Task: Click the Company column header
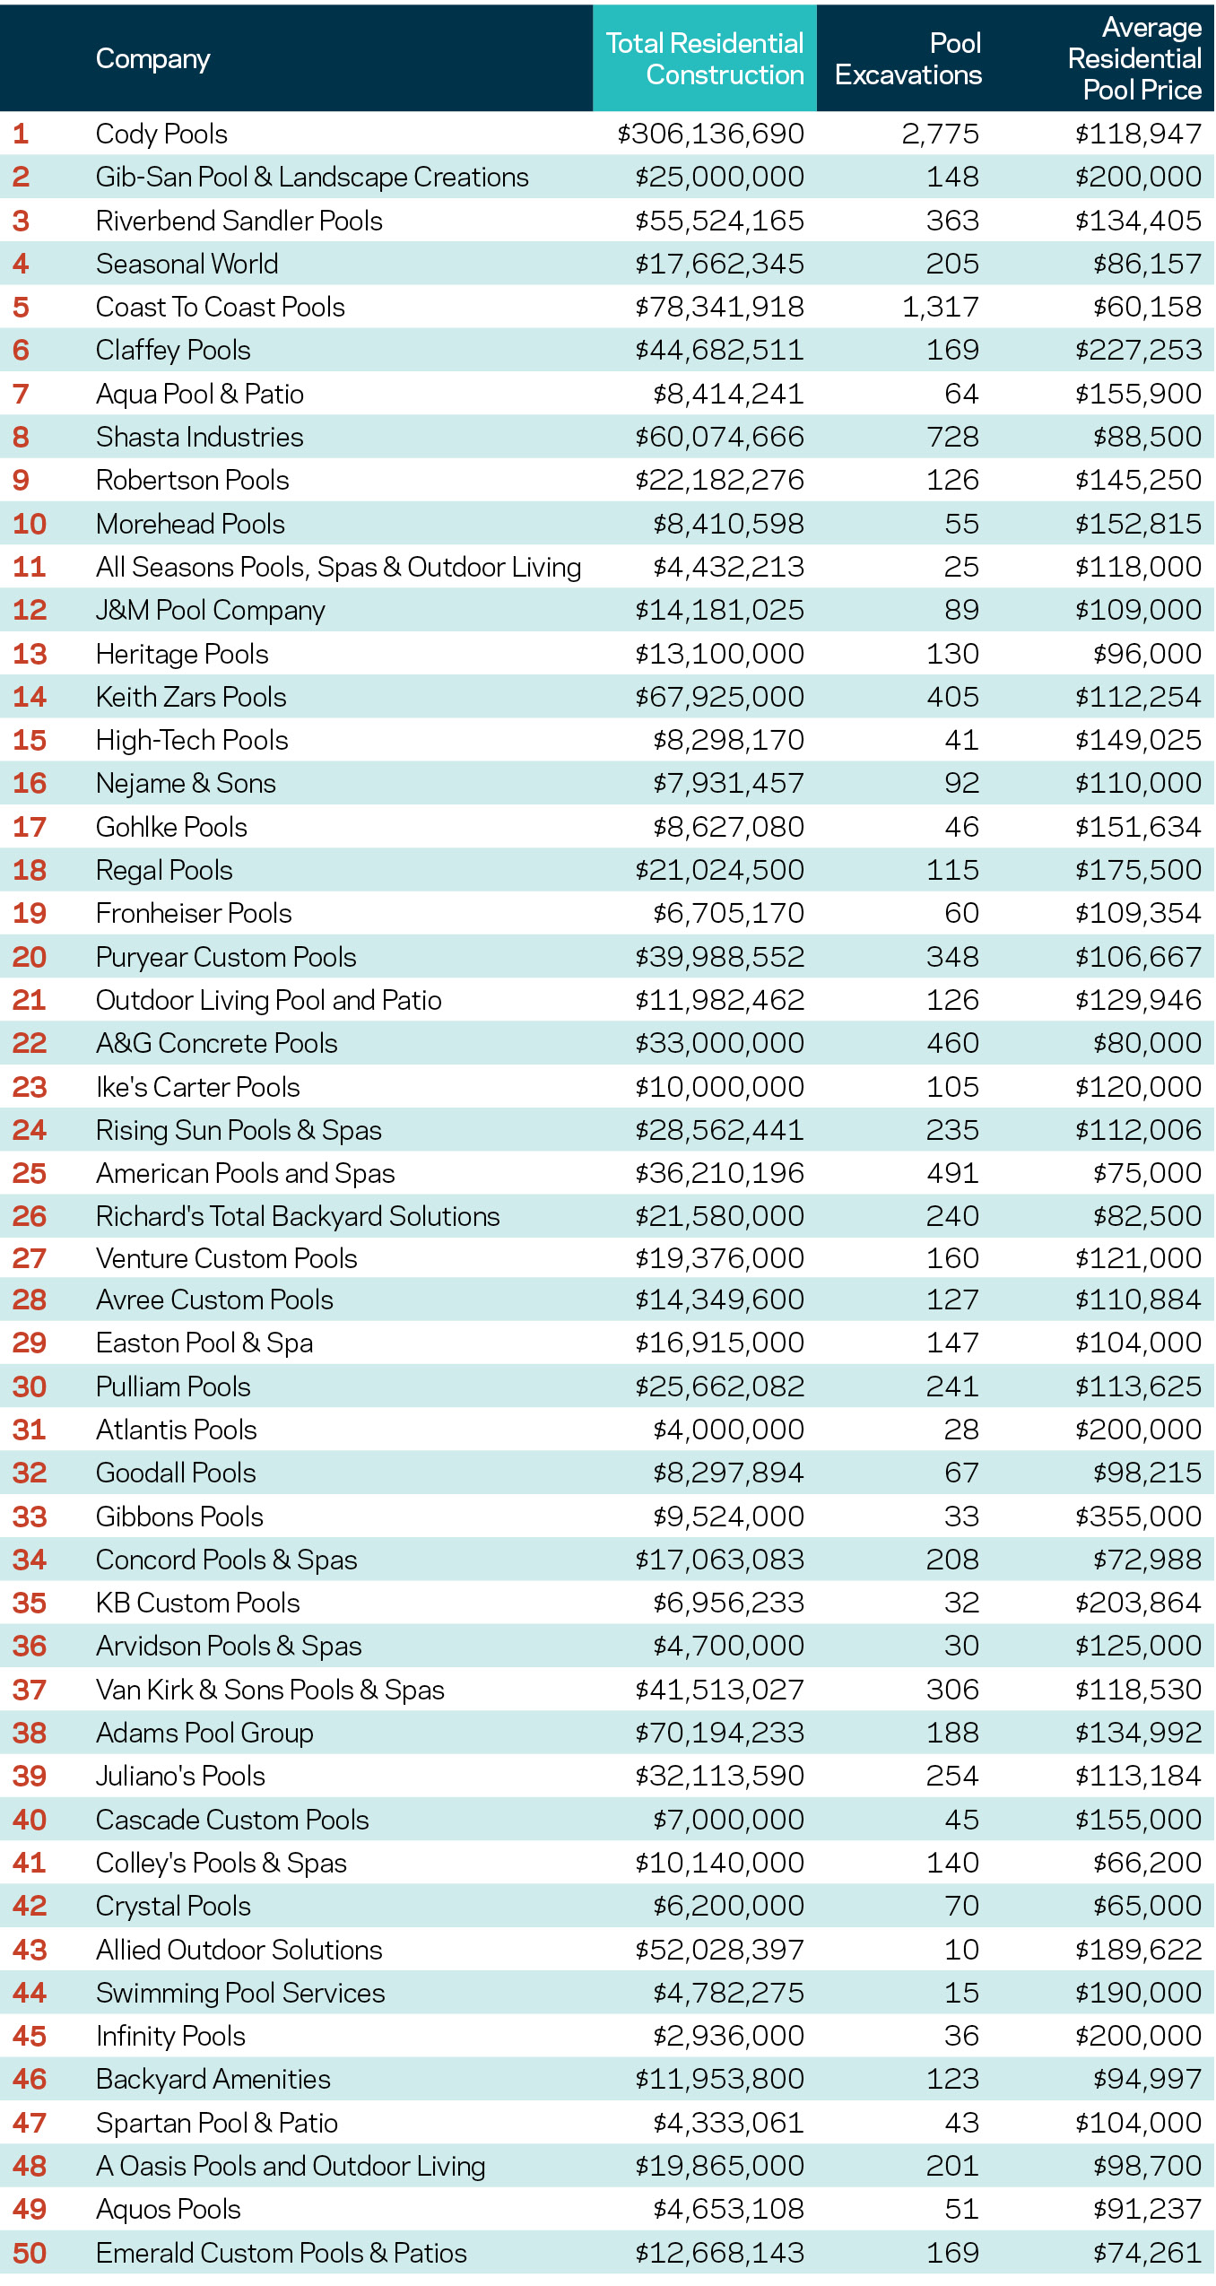[x=152, y=59]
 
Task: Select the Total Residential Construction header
[x=705, y=59]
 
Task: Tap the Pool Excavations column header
[x=908, y=59]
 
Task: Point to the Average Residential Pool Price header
[x=1134, y=59]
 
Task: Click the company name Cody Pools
[x=161, y=134]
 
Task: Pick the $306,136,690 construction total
[x=710, y=134]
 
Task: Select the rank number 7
[x=21, y=394]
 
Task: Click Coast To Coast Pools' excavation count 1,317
[x=940, y=307]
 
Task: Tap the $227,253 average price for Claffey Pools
[x=1138, y=350]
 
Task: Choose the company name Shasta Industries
[x=199, y=437]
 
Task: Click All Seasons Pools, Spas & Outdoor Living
[x=338, y=567]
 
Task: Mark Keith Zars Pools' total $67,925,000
[x=719, y=697]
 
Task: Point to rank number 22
[x=29, y=1043]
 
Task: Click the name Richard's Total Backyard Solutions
[x=298, y=1216]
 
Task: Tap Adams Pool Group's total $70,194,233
[x=719, y=1733]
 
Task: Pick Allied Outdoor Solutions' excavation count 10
[x=961, y=1950]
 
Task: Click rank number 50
[x=29, y=2253]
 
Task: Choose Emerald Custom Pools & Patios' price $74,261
[x=1147, y=2253]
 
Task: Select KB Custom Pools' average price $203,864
[x=1138, y=1603]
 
